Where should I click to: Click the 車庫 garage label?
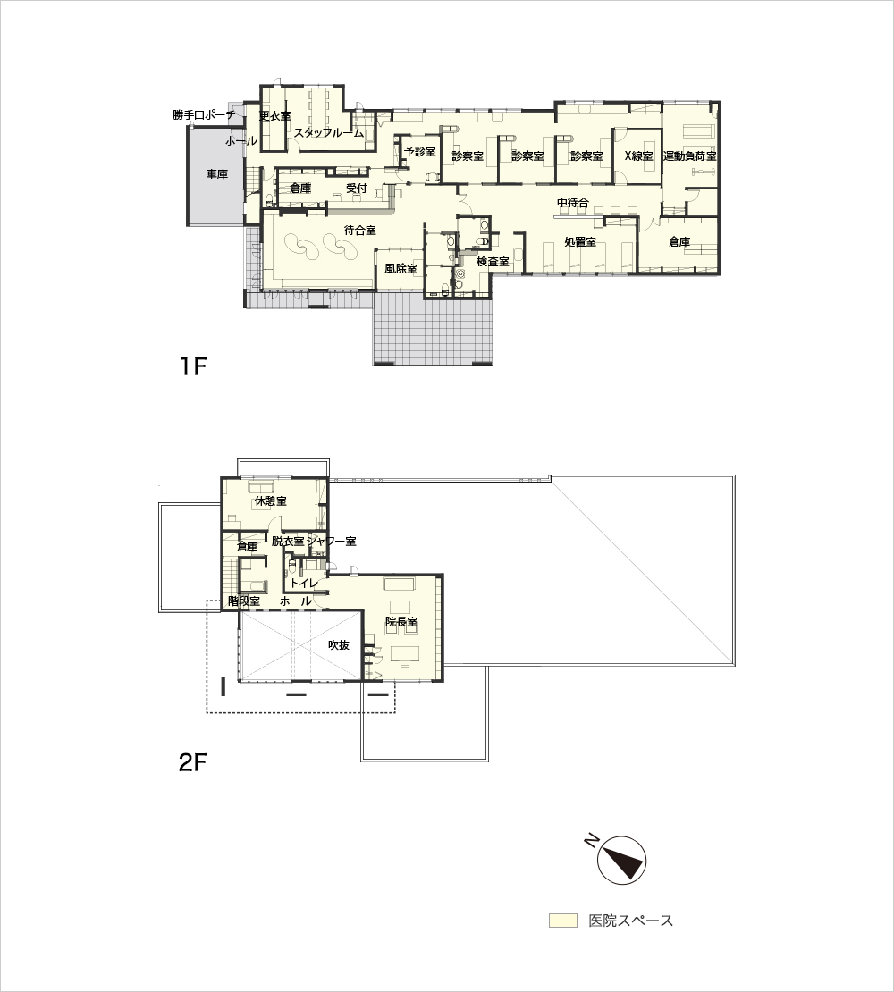point(217,174)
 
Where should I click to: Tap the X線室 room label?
point(638,156)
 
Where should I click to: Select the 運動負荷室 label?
point(689,156)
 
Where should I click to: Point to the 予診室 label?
point(420,152)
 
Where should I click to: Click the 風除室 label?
point(401,269)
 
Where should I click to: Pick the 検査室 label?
point(493,261)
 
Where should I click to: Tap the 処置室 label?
point(580,241)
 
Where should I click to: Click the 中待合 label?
point(572,203)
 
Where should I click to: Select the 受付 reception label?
point(357,188)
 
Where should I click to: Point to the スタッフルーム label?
point(329,133)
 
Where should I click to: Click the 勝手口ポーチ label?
point(204,115)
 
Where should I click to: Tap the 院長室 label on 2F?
point(401,623)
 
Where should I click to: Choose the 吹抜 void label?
point(339,645)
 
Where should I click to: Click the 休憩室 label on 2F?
point(270,501)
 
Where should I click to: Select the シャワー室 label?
point(331,542)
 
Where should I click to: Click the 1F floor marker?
point(194,366)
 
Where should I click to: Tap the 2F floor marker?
point(193,763)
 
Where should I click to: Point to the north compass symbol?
point(621,860)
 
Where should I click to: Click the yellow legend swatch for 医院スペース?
point(563,921)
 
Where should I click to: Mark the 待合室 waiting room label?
point(360,231)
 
